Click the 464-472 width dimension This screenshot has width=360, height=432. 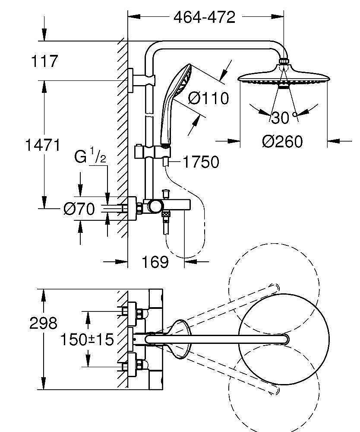point(204,17)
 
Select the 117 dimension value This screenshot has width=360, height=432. point(44,61)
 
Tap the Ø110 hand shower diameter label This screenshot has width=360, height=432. point(208,98)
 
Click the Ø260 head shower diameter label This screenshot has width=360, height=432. point(283,141)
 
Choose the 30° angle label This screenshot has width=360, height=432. point(283,117)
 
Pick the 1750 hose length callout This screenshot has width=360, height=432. point(200,162)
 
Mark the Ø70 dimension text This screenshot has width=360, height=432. point(79,210)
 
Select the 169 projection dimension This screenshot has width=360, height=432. point(155,261)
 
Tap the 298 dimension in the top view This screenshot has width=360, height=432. point(43,323)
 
